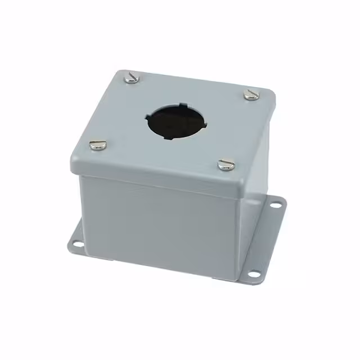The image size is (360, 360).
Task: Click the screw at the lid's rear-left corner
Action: point(132,78)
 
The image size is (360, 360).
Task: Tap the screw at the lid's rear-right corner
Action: point(251,94)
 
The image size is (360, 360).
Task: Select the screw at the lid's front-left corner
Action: point(97,145)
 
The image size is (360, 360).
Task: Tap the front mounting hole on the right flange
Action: point(254,274)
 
